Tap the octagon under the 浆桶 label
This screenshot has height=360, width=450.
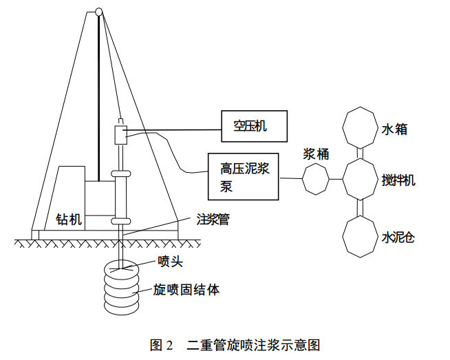316,179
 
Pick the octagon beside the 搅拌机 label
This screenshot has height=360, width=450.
360,179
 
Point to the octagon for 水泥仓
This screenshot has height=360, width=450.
360,237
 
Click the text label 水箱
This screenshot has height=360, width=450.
394,129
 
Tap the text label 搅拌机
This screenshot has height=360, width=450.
398,180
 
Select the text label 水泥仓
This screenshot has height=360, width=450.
398,237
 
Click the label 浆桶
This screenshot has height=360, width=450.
316,154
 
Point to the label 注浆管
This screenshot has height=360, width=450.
213,220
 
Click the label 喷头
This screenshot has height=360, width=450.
170,262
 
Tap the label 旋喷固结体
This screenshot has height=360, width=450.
186,290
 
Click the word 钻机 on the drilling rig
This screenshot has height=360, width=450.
69,220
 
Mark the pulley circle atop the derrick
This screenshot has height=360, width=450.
98,12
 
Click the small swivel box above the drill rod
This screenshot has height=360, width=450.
121,135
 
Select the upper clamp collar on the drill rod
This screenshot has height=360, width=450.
121,173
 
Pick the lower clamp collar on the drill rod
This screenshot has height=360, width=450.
121,221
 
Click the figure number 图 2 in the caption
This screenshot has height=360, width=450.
161,345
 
